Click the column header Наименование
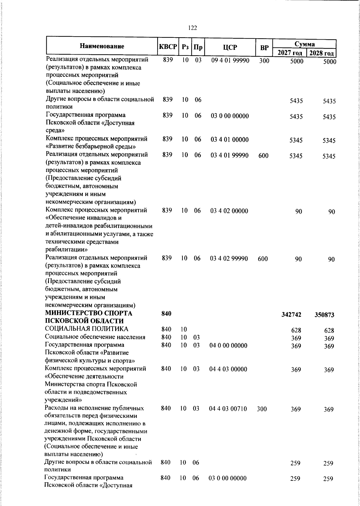coord(102,46)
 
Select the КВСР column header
coord(168,47)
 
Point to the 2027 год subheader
coord(290,53)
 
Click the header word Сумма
coord(305,44)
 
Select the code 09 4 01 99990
coord(230,60)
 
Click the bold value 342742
coord(292,315)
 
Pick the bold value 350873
coord(325,315)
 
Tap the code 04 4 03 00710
coord(228,408)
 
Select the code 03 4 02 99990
coord(229,258)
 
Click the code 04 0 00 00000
coord(228,345)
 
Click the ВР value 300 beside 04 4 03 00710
coord(262,408)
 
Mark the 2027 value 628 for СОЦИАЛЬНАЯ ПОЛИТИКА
coord(296,330)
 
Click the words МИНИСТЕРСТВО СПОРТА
coord(89,313)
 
